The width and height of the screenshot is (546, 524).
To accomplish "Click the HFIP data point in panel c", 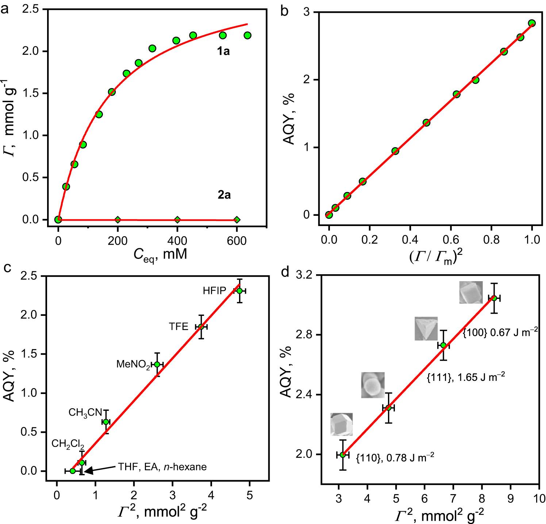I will coord(239,291).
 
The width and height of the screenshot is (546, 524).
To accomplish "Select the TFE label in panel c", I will coord(178,326).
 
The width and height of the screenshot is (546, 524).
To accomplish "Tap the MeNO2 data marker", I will coord(157,364).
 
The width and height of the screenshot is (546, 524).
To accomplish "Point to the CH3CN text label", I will coord(85,412).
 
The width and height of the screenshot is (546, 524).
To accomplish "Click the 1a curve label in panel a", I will coord(223,51).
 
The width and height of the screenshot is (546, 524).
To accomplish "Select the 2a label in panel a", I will coord(224,195).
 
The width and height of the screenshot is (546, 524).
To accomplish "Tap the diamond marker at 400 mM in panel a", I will coord(177,220).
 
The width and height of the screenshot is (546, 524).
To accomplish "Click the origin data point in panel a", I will coord(58,219).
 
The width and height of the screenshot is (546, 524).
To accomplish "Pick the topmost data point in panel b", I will coord(532,23).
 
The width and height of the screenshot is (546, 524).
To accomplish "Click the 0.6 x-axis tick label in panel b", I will coord(451,240).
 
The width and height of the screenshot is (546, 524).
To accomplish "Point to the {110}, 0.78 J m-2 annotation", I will coord(395,458).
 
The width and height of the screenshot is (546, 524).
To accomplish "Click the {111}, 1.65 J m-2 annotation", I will coord(466,377).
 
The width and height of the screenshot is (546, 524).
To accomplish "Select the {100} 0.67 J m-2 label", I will coord(500,332).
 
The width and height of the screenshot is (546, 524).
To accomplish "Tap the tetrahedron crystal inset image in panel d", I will coord(426,329).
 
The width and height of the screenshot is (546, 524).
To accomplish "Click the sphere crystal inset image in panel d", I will coord(373,385).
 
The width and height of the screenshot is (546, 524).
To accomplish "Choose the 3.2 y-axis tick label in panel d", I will coord(305,275).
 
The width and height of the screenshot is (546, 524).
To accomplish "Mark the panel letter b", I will coord(284,11).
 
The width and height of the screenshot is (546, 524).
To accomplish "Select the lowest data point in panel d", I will coord(342,455).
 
